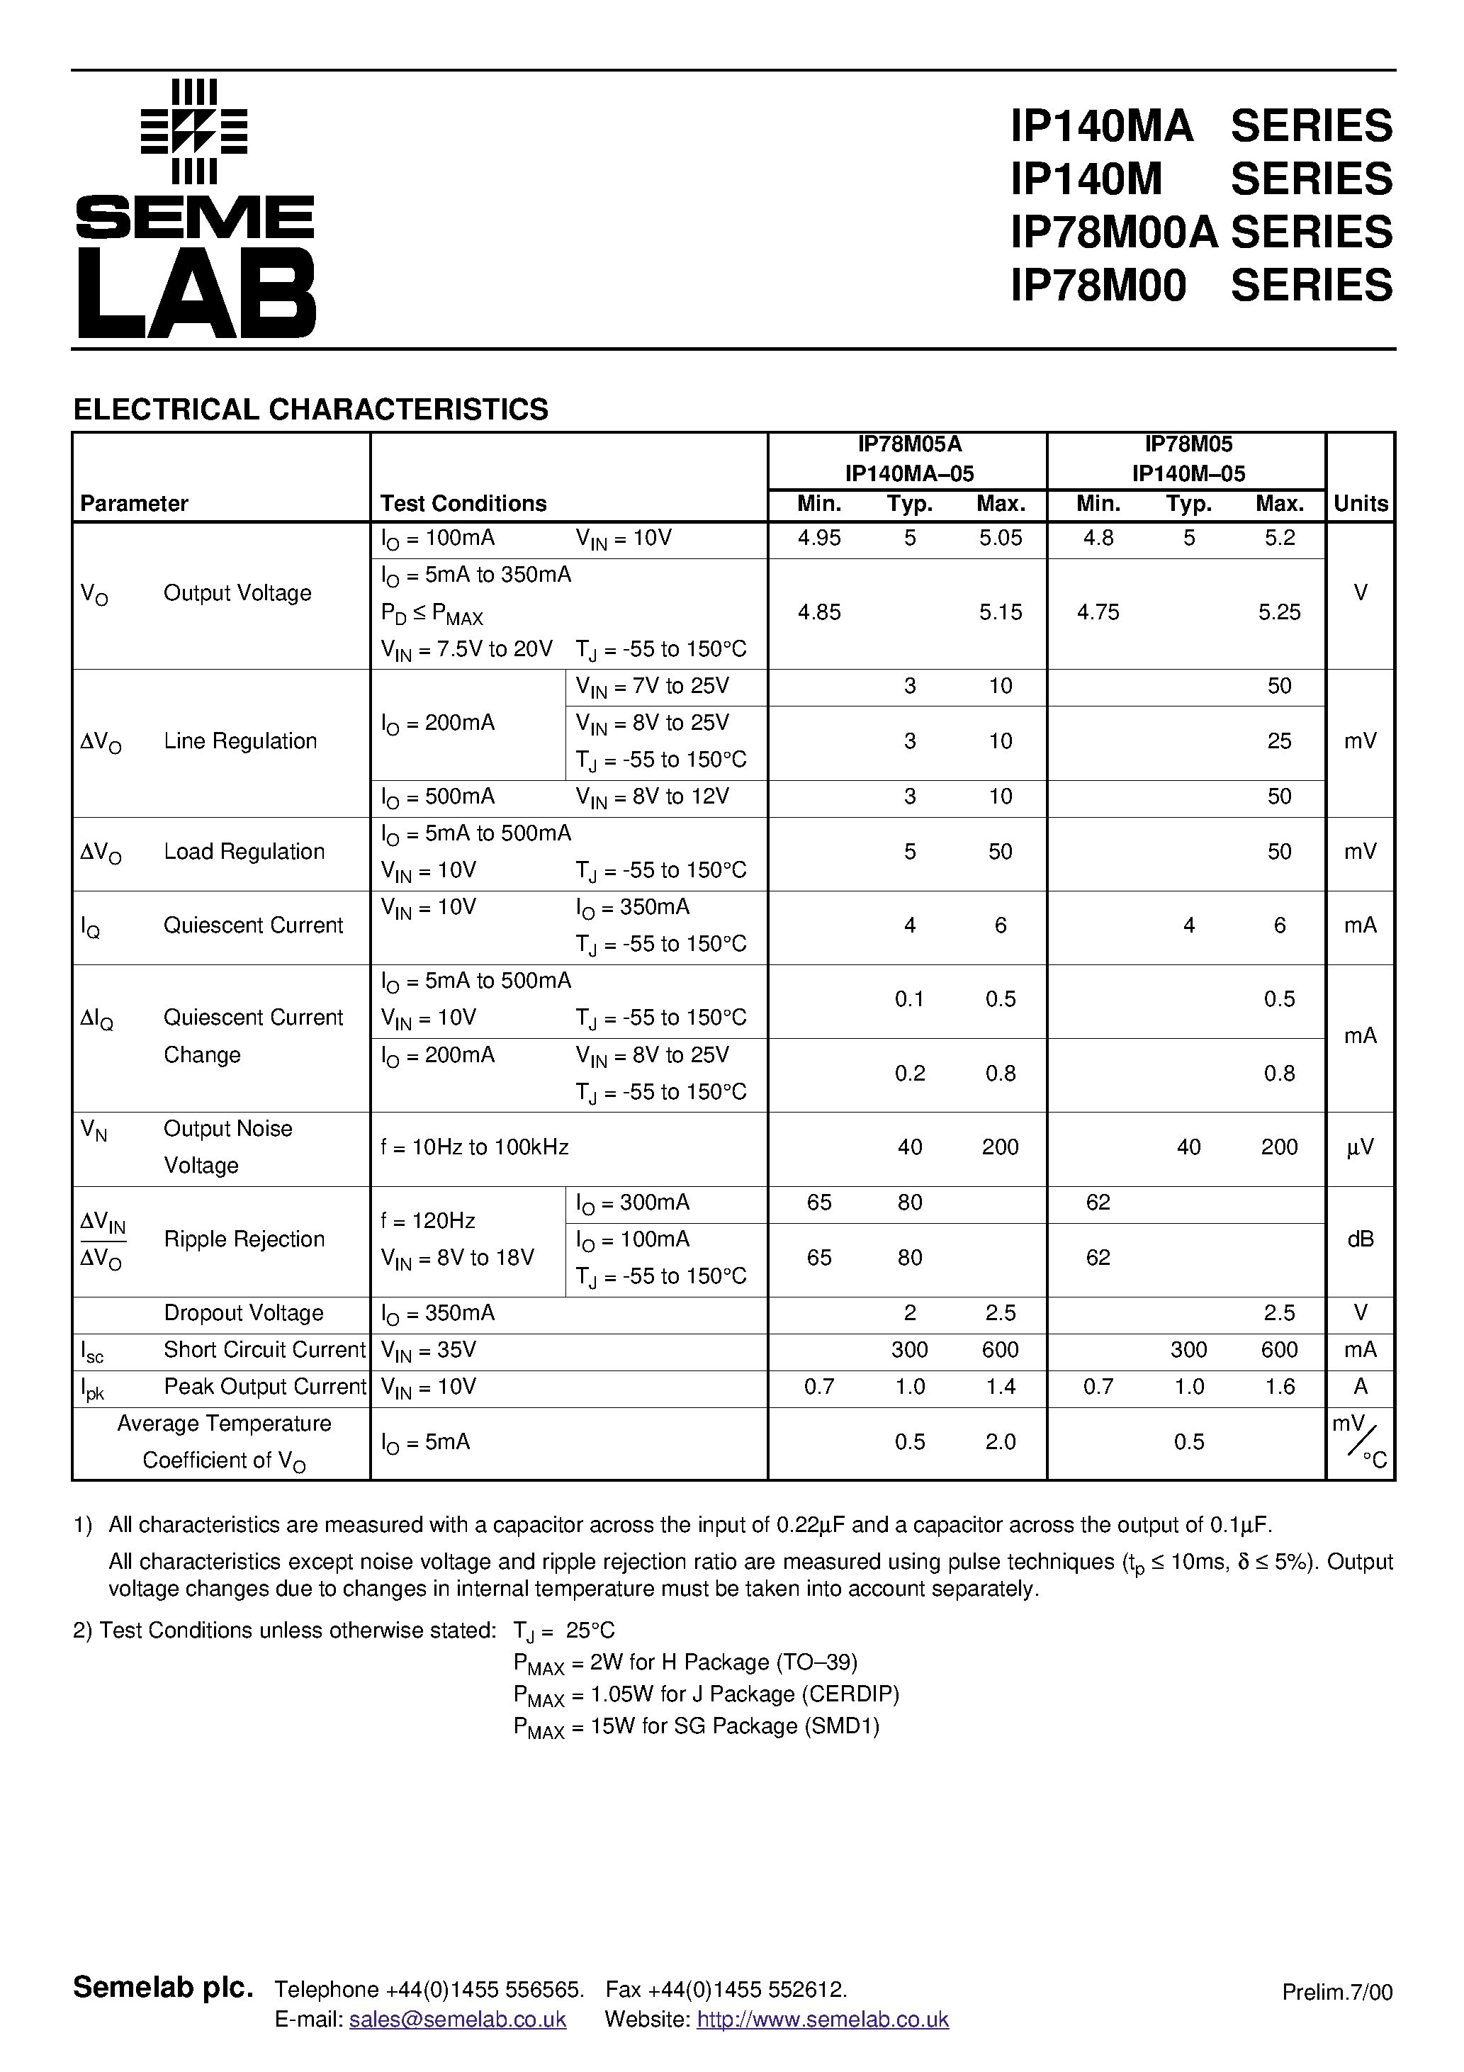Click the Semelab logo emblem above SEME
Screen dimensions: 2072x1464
(x=194, y=132)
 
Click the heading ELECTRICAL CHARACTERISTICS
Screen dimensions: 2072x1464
(x=310, y=410)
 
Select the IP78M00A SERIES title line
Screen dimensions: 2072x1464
(x=1201, y=232)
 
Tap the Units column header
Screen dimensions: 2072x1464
(x=1361, y=504)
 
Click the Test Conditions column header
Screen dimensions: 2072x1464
(x=463, y=504)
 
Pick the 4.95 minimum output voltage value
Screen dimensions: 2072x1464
(x=818, y=539)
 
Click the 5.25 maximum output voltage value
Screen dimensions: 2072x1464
(x=1279, y=613)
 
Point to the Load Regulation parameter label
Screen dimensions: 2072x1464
(x=244, y=852)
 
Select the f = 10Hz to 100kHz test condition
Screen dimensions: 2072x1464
(x=475, y=1148)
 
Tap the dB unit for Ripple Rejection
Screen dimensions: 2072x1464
(x=1361, y=1240)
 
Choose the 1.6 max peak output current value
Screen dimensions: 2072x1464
(x=1279, y=1387)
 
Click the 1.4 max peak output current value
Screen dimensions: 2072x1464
(x=1000, y=1387)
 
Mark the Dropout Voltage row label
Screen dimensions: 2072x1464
(x=244, y=1313)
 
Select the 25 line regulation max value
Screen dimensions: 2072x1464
(x=1279, y=742)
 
